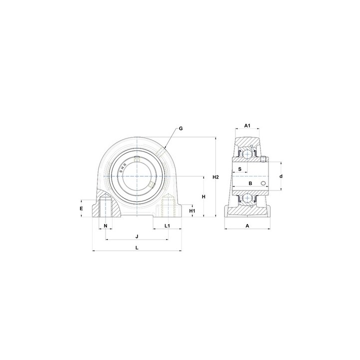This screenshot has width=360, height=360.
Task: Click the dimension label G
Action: click(180, 128)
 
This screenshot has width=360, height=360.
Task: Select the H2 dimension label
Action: click(215, 177)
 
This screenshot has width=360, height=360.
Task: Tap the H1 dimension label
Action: click(192, 211)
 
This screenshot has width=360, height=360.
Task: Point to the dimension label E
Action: click(81, 208)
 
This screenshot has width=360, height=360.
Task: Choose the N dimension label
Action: click(105, 226)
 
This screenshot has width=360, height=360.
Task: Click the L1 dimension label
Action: click(167, 226)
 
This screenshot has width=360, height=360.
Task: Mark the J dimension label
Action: click(137, 236)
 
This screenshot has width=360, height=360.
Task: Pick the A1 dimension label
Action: click(247, 125)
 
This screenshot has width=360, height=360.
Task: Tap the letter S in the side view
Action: click(240, 169)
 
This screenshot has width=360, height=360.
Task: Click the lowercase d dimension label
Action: click(281, 176)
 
